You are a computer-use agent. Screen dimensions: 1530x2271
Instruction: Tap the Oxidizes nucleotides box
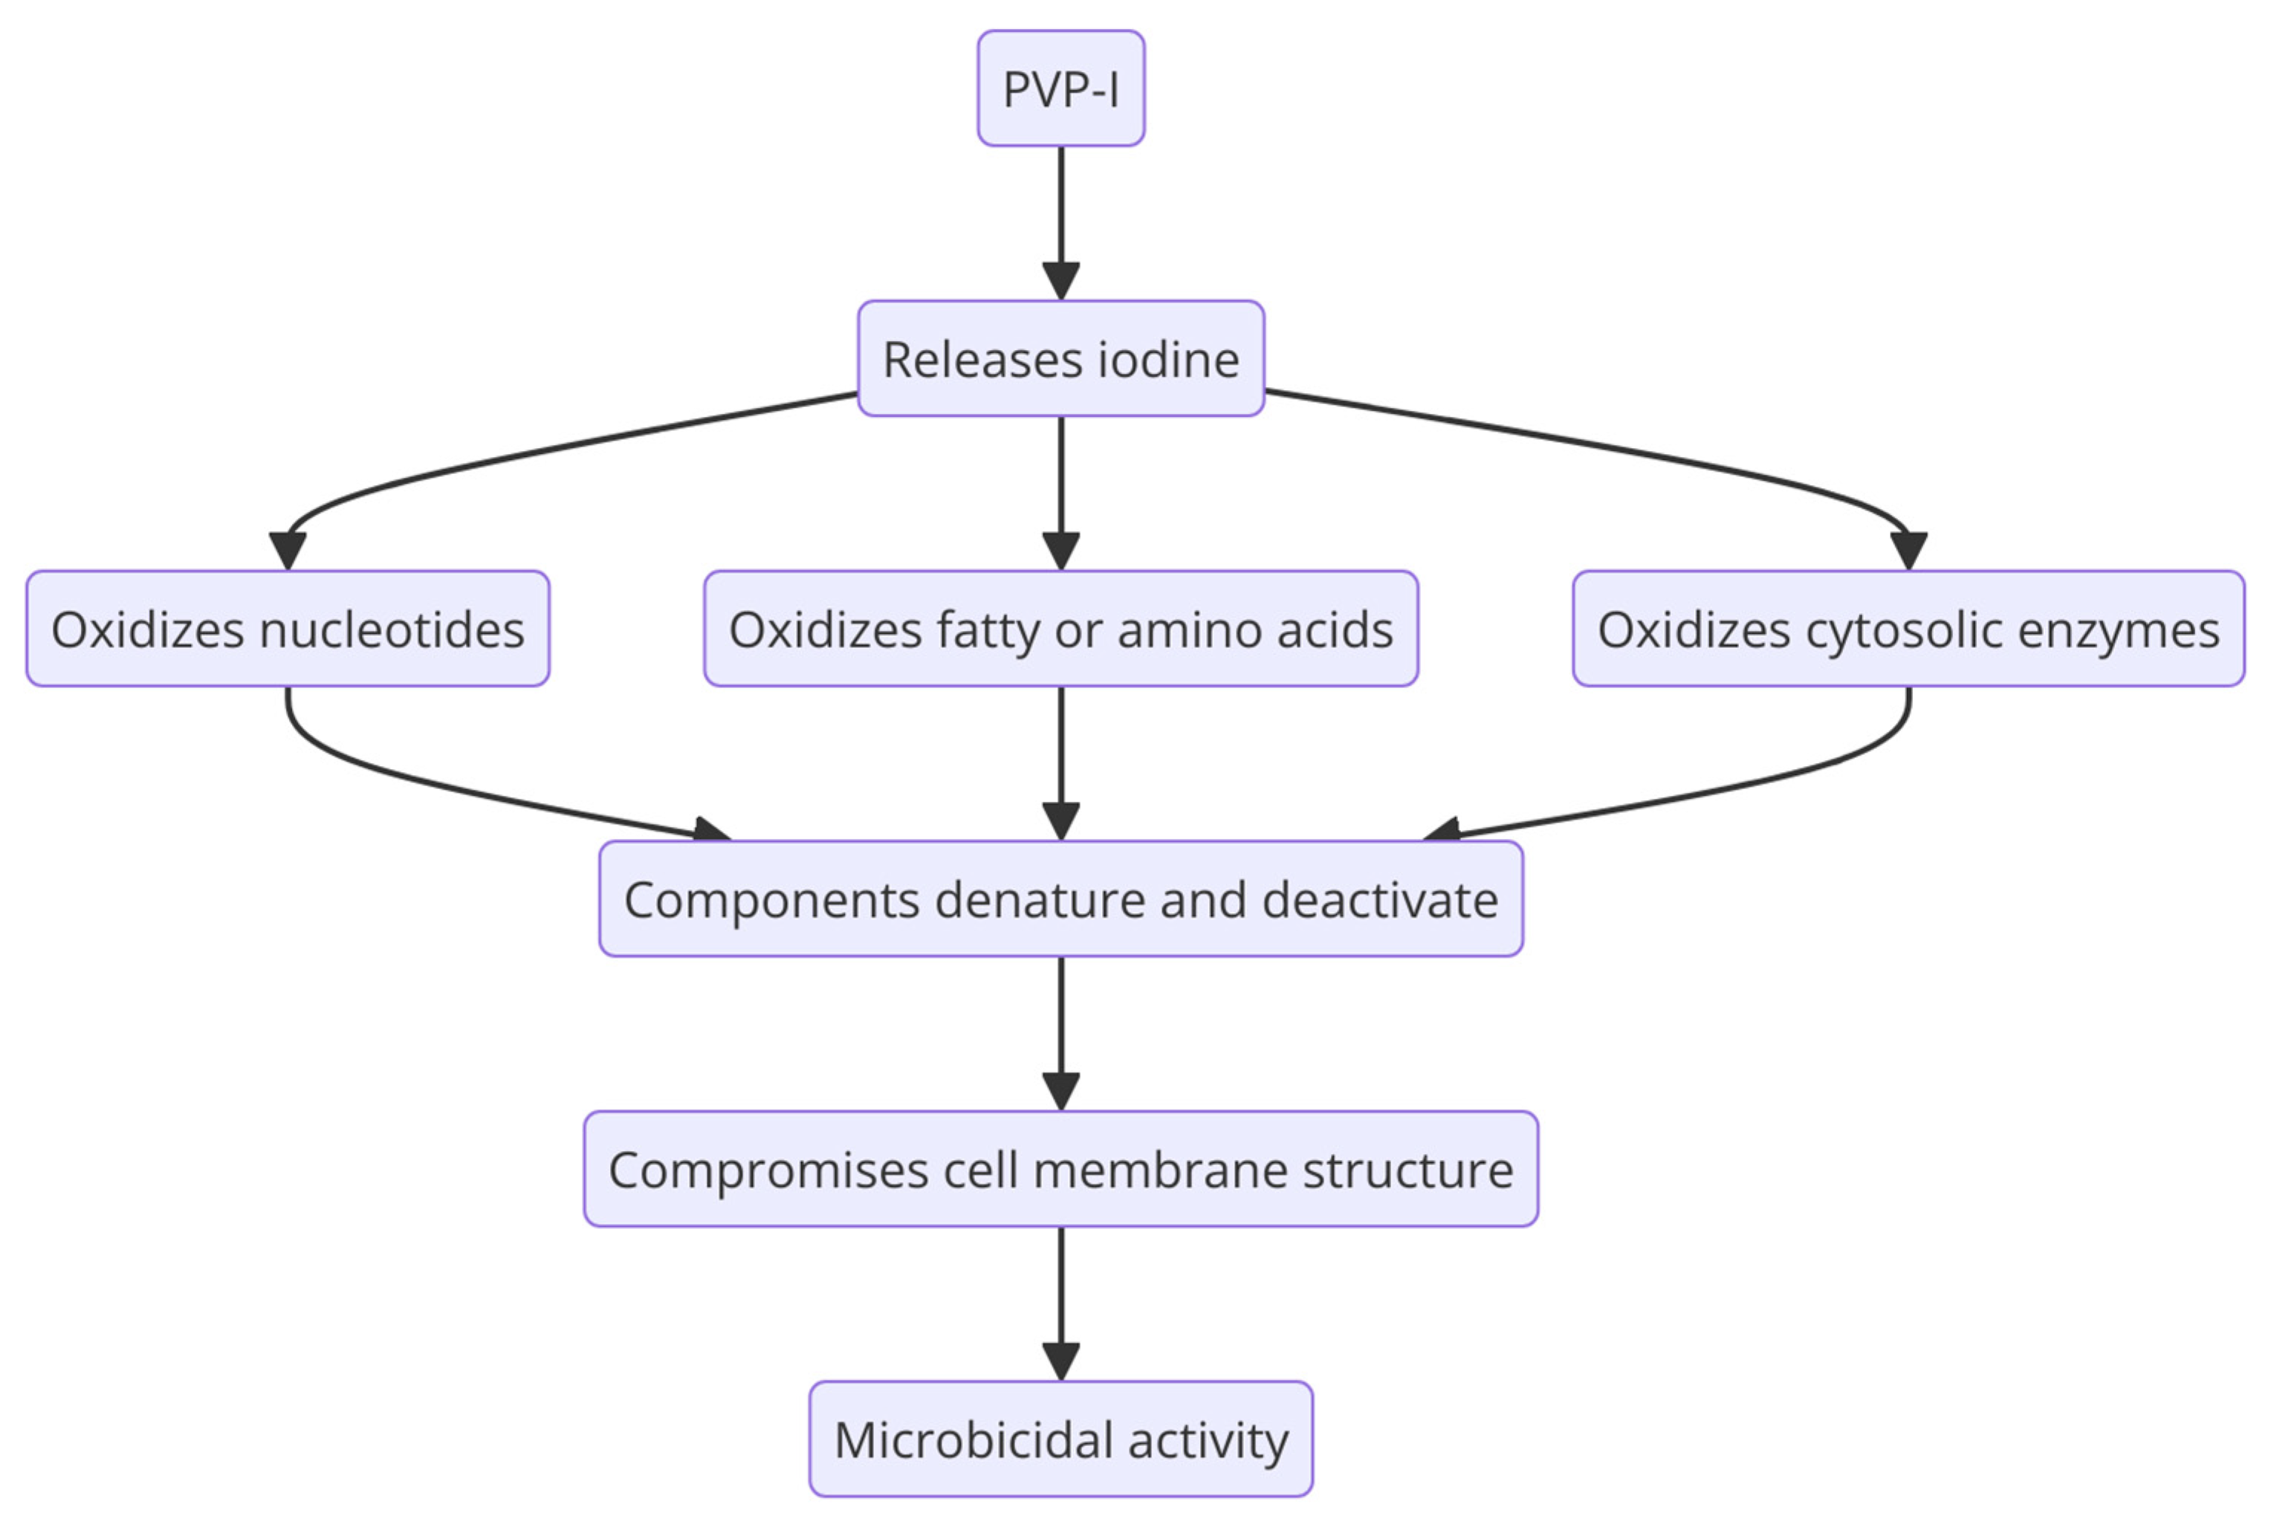click(287, 629)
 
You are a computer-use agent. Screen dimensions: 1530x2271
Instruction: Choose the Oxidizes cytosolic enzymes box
click(1907, 629)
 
